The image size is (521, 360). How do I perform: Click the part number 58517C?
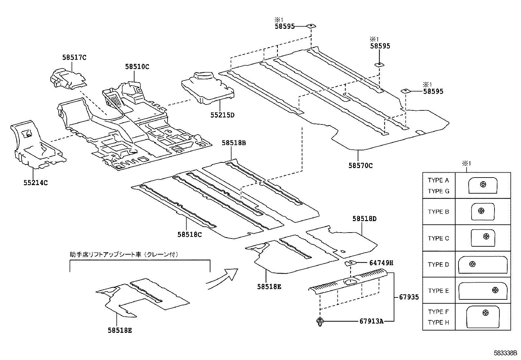(74, 58)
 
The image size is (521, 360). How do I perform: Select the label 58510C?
(137, 67)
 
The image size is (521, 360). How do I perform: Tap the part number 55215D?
(222, 115)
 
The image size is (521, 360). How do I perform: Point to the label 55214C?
(35, 183)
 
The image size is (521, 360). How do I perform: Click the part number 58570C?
(360, 166)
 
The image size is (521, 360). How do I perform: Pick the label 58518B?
(234, 143)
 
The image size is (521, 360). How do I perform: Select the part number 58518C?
(189, 235)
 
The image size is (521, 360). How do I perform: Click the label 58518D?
(364, 219)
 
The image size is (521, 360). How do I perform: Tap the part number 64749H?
(381, 263)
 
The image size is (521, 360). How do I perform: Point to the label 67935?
(409, 297)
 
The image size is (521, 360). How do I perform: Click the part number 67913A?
(371, 321)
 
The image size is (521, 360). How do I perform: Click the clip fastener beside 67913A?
(319, 322)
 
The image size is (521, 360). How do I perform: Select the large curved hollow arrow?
(222, 278)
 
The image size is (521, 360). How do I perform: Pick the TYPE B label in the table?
(438, 212)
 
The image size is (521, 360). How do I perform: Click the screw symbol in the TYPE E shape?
(495, 290)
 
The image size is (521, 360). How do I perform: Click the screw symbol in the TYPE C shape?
(486, 236)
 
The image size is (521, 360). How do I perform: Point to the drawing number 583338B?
(505, 353)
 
